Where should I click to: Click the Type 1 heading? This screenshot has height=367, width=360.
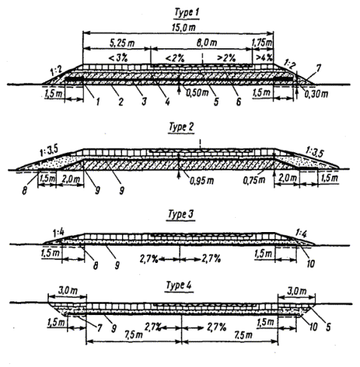(x=187, y=13)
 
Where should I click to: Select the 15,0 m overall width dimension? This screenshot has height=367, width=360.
(x=184, y=27)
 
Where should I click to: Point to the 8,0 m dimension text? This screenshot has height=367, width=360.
(x=206, y=43)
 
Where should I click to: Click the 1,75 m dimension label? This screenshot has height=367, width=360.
(x=262, y=42)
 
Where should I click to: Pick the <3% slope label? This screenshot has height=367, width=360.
(x=118, y=58)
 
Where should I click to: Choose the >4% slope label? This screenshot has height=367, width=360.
(x=264, y=58)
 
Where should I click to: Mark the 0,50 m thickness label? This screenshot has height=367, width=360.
(x=197, y=93)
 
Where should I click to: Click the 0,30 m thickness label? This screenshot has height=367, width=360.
(x=316, y=94)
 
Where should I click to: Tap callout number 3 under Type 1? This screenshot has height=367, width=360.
(x=144, y=102)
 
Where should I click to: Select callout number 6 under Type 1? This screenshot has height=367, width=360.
(x=238, y=102)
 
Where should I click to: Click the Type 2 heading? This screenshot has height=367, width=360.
(x=182, y=127)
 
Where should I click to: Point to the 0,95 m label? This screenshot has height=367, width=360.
(x=202, y=180)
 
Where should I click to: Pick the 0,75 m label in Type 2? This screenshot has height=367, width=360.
(x=254, y=180)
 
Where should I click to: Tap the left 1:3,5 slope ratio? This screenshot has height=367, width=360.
(x=49, y=151)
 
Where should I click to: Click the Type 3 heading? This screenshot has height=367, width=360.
(x=181, y=214)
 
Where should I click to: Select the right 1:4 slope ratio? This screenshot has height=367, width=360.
(x=301, y=234)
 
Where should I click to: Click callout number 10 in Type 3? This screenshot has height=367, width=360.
(x=310, y=264)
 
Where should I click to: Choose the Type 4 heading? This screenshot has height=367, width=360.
(x=178, y=286)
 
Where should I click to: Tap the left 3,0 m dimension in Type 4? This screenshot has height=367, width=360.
(x=68, y=291)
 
